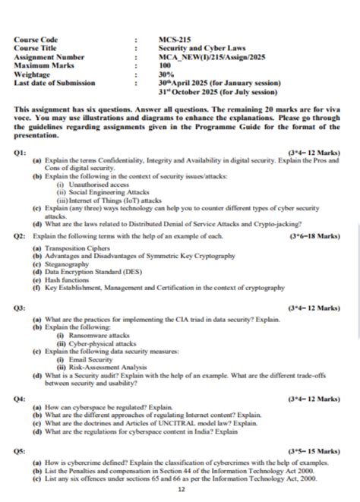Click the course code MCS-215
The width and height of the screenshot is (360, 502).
(x=173, y=39)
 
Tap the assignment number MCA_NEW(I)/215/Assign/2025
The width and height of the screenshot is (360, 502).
(x=210, y=56)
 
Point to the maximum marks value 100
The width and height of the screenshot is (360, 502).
(x=166, y=65)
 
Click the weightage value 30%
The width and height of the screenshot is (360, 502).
(x=166, y=74)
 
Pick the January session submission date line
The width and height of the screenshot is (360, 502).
(x=219, y=84)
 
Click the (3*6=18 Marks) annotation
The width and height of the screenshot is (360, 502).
(x=314, y=236)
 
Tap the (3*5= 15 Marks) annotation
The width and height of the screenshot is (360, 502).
(x=314, y=451)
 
